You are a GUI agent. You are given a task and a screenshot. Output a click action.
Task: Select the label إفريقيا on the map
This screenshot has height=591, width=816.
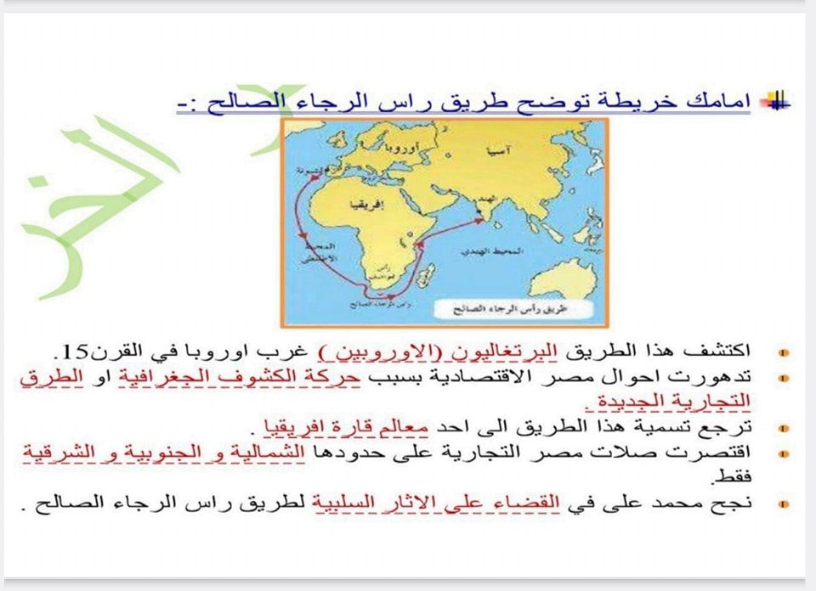click(358, 205)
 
